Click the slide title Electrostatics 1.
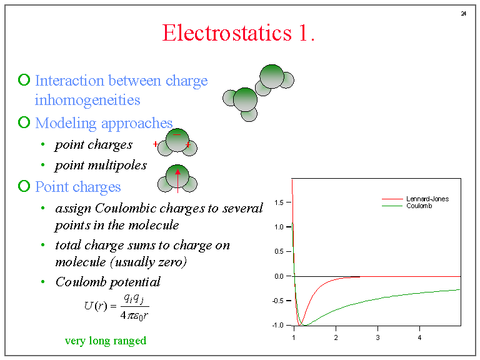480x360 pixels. coord(238,32)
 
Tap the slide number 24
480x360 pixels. coord(464,14)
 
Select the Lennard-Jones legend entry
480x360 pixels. coord(427,199)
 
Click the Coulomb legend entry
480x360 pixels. coord(418,206)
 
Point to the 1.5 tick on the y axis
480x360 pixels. coord(279,202)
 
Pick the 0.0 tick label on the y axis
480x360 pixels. coord(279,276)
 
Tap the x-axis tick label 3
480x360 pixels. coord(377,337)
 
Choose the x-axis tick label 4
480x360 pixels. coord(419,337)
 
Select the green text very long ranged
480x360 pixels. coord(106,341)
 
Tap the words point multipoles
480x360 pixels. coord(101,165)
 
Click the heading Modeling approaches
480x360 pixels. coord(104,123)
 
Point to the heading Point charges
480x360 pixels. coord(78,187)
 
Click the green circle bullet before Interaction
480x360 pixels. coord(24,80)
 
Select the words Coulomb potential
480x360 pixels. coord(107,282)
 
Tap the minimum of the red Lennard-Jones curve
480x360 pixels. coord(301,324)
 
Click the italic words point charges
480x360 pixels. coord(94,145)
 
